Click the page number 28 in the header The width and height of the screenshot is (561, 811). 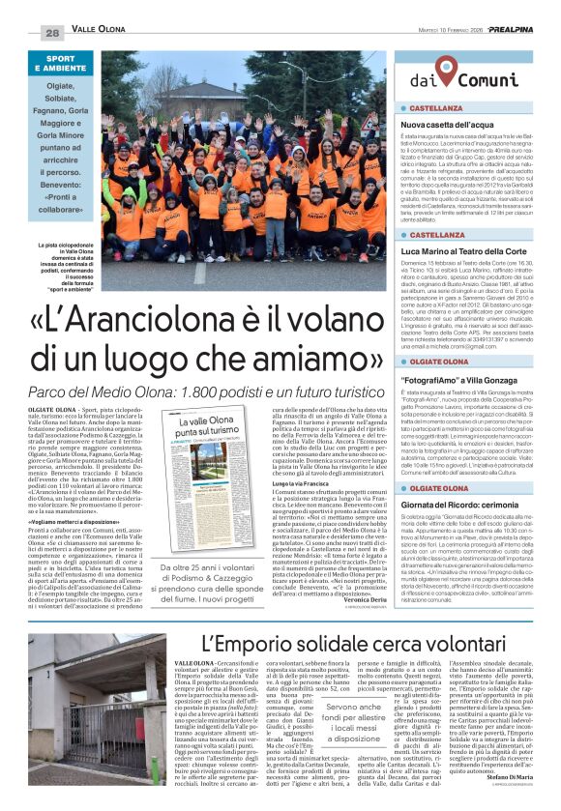tap(52, 32)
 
